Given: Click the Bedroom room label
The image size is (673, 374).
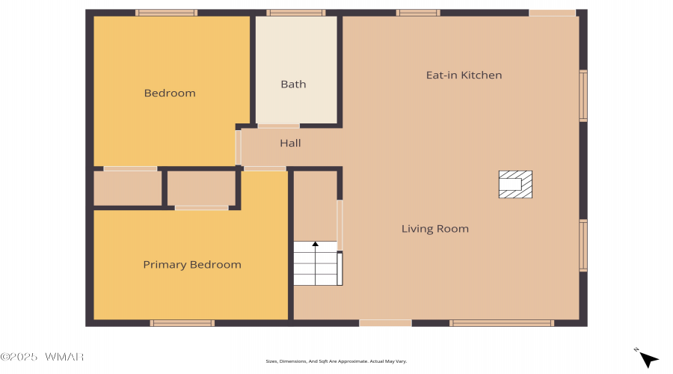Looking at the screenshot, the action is pos(170,93).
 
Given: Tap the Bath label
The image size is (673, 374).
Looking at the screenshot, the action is pos(293,85).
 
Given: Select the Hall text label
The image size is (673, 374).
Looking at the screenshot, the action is pos(290,143).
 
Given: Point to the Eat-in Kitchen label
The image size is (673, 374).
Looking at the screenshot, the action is pos(464,75).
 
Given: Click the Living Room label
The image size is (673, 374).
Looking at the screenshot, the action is pos(434,229).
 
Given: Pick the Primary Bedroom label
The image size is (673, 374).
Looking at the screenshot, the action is pos(192,265).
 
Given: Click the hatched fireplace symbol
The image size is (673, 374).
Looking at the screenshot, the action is pos(515,184).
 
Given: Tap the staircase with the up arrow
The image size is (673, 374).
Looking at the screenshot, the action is pos(318,263).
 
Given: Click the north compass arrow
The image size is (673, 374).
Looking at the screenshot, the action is pos(648,358).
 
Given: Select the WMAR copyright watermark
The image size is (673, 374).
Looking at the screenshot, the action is pos(42,357).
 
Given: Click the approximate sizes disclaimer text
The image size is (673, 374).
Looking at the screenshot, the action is pos(336,361).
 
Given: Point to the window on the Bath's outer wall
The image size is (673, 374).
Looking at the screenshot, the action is pos(295,13).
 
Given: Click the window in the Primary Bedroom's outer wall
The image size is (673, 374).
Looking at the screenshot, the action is pos(182,323).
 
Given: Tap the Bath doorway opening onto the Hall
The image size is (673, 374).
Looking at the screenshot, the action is pos(279,126).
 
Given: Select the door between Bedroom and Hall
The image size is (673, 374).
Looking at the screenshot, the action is pos(239,147).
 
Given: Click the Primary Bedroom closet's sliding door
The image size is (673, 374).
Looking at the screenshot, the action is pos(201,208).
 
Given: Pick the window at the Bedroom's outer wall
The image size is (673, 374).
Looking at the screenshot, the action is pos(167,13).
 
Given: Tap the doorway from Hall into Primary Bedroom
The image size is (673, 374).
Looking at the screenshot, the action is pos(265,169).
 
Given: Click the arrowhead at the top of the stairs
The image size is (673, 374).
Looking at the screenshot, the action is pos(316,244).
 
